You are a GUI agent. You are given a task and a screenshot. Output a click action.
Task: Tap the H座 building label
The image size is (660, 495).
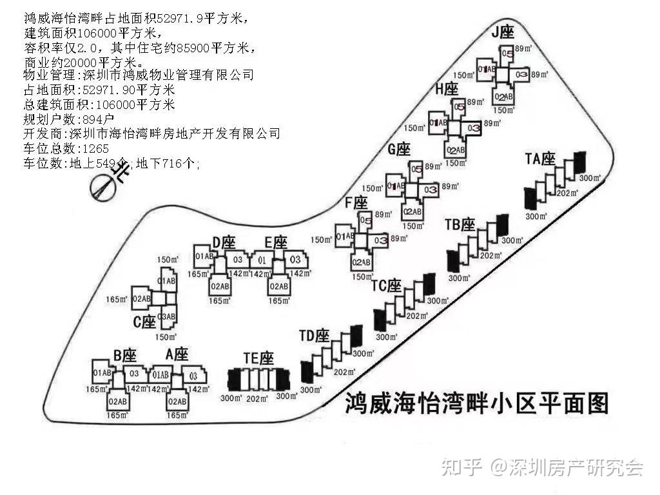pos(446,89)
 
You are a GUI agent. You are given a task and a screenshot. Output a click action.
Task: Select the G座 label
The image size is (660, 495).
pos(399,150)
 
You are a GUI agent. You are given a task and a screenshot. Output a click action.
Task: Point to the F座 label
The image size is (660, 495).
pos(356,202)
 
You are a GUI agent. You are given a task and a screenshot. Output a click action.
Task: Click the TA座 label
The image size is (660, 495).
pos(540,159)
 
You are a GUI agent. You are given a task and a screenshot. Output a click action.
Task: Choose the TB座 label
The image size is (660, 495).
pos(460,224)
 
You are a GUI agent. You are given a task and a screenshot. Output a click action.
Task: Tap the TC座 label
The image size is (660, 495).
pos(387,286)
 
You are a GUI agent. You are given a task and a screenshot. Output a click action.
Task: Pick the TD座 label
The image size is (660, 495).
pos(315,336)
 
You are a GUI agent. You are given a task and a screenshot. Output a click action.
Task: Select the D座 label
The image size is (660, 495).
pos(224,242)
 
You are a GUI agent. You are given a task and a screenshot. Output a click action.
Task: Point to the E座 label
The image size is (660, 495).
pos(276,242)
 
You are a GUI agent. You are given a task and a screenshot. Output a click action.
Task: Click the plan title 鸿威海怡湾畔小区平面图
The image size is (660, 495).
pos(477,404)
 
